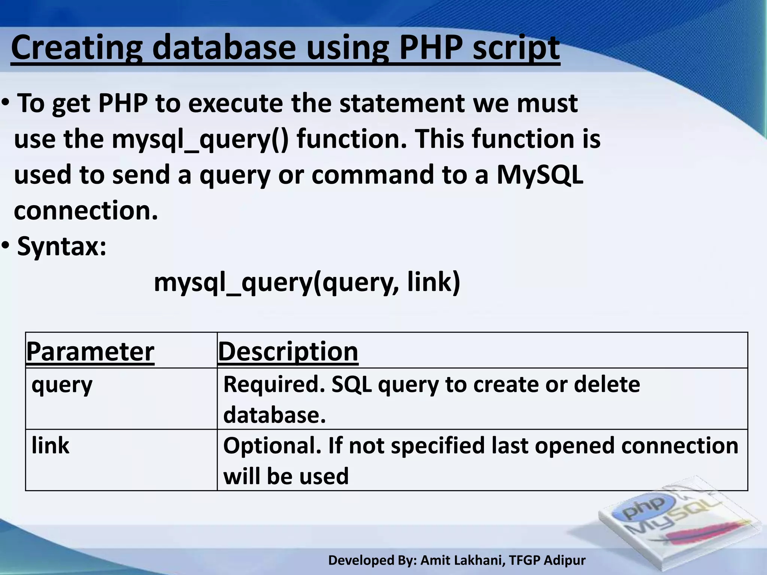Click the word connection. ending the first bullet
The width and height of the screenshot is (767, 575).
coord(86,211)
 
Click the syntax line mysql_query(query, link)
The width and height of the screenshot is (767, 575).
coord(307,282)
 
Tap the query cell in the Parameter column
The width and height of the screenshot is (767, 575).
coord(62,385)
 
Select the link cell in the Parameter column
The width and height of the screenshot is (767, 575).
coord(50,445)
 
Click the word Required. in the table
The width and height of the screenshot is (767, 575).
coord(274,384)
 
